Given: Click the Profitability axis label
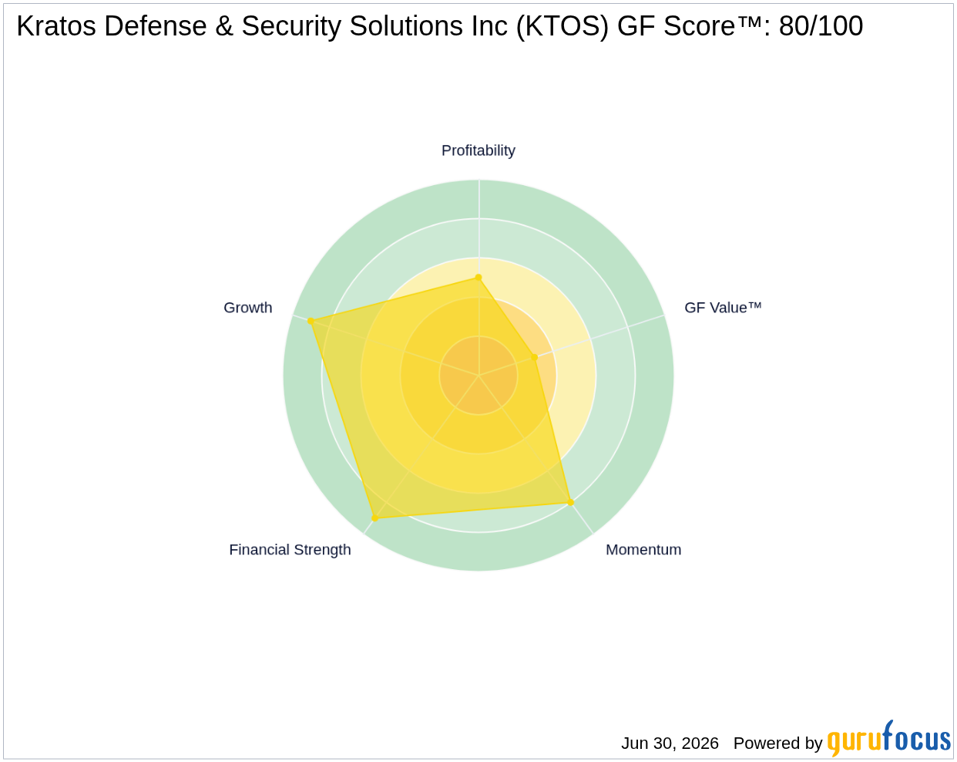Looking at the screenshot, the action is (478, 150).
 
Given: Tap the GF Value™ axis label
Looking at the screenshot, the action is (722, 308).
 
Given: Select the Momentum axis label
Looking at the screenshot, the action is (643, 550).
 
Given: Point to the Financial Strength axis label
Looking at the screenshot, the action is (290, 550).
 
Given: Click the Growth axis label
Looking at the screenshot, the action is (247, 308).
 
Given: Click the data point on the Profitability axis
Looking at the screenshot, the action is (478, 278).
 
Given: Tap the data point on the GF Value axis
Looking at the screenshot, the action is (535, 357).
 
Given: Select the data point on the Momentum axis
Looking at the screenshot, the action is (571, 503).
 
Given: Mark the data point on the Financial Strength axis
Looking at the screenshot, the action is (374, 518).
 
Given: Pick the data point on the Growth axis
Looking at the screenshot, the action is (311, 321).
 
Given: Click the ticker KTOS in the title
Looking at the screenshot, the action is (562, 26).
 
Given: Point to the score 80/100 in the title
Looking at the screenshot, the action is (821, 26).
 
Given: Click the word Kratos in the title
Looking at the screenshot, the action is (56, 26).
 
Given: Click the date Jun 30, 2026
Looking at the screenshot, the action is (670, 743).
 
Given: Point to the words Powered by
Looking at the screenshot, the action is (777, 743).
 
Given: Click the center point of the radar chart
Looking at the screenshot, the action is (478, 375).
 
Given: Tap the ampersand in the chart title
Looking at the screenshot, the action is (224, 26).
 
